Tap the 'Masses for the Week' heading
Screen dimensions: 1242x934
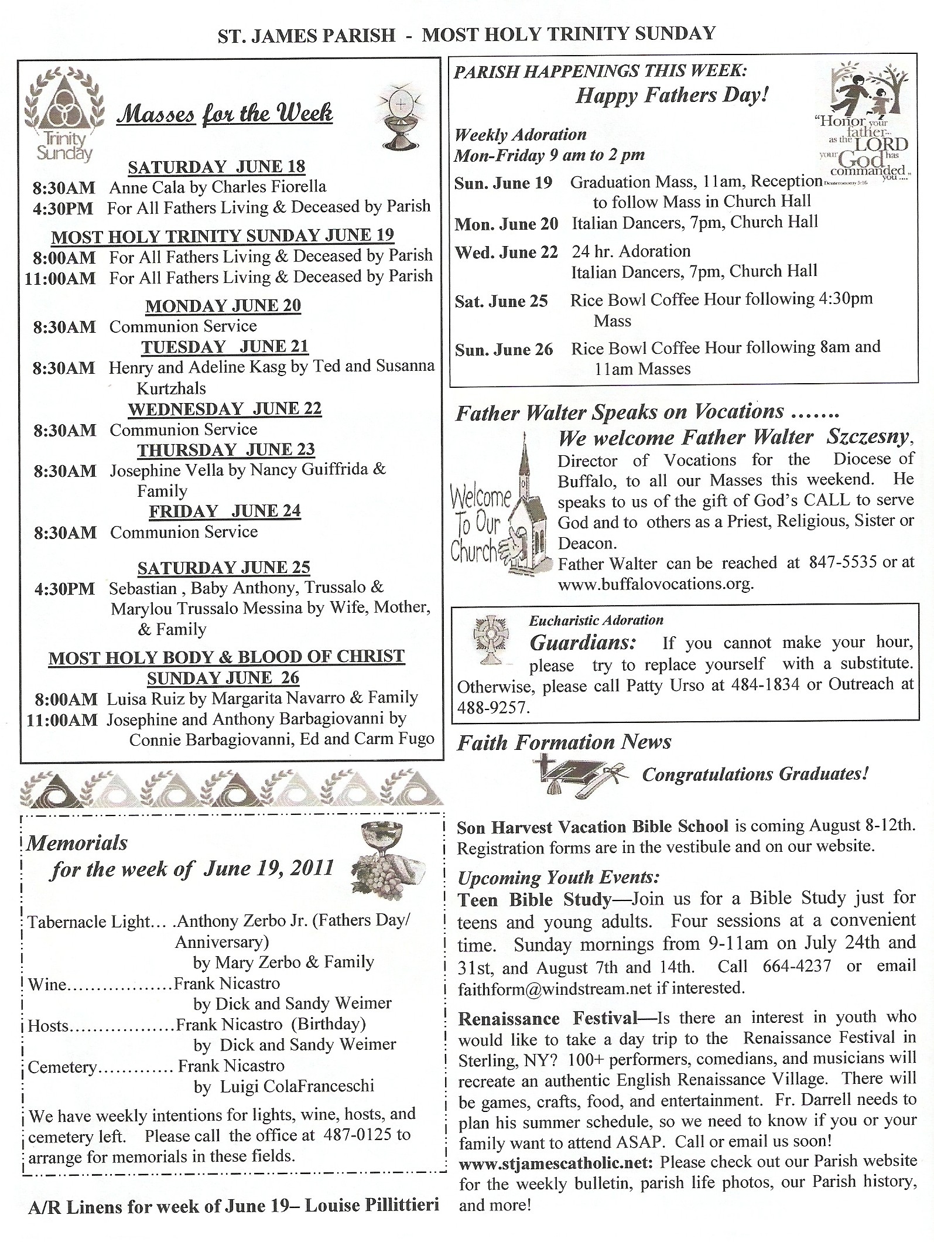coord(225,113)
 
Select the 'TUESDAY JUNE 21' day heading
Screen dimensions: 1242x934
coord(225,346)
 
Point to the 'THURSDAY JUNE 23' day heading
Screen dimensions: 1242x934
coord(226,449)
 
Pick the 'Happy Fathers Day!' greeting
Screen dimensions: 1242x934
coord(672,95)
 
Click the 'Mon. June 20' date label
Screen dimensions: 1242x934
coord(507,224)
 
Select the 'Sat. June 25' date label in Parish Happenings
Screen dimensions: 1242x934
coord(501,301)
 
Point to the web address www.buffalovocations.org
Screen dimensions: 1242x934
coord(656,584)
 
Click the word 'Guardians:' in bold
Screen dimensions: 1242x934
coord(583,643)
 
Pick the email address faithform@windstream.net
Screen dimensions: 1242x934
coord(555,988)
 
